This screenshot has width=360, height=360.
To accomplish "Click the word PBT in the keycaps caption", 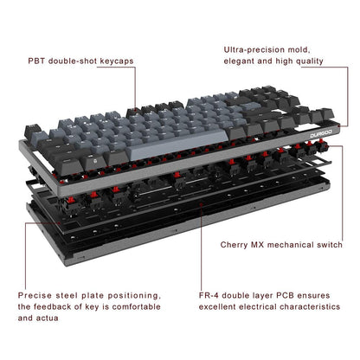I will click(x=37, y=63).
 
